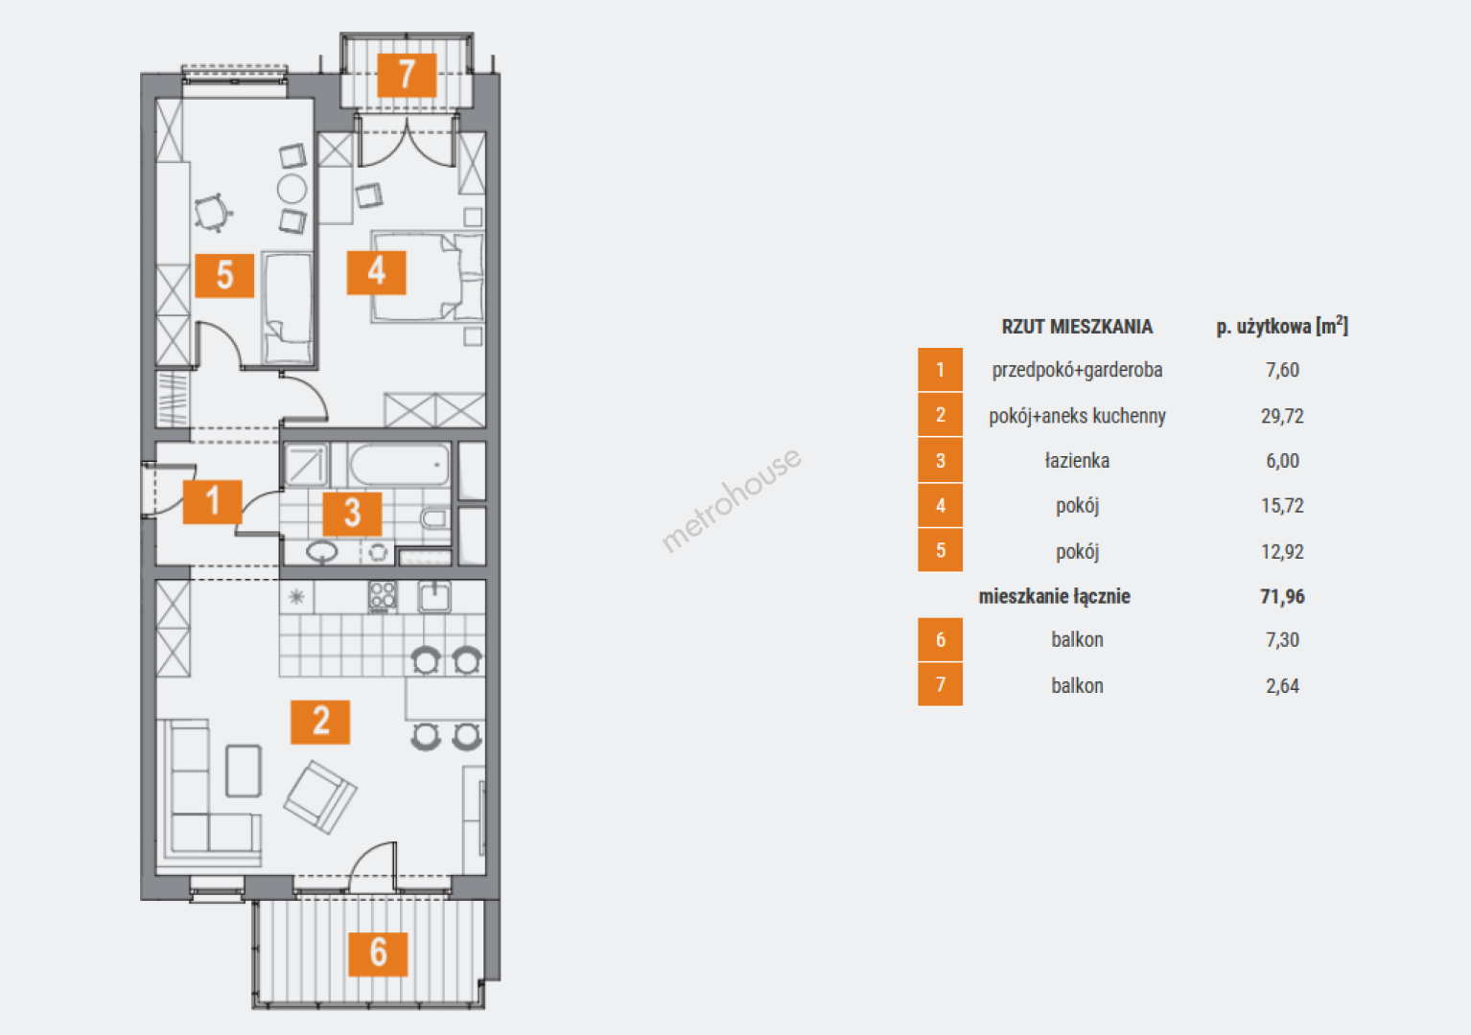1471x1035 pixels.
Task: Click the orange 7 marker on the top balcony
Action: (x=407, y=75)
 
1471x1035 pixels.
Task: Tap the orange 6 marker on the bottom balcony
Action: (x=378, y=954)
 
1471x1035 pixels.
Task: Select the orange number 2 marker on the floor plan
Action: (x=320, y=722)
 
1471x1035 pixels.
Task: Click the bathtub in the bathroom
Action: (x=399, y=464)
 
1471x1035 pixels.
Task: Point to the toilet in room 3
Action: (x=434, y=519)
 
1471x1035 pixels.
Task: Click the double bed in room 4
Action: (x=428, y=276)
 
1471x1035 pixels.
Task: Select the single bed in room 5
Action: (x=288, y=309)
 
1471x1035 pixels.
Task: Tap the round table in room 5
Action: (x=292, y=189)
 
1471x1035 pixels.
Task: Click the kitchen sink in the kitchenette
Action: (x=434, y=597)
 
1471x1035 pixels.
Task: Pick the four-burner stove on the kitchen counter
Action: (x=383, y=597)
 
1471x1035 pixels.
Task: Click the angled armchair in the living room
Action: (x=320, y=796)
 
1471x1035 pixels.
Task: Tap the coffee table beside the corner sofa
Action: (x=244, y=770)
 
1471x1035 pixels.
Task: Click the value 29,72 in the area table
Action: (x=1282, y=416)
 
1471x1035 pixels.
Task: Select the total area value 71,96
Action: (x=1282, y=597)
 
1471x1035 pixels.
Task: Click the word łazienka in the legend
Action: (x=1077, y=461)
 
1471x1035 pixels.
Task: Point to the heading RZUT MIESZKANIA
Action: (x=1077, y=327)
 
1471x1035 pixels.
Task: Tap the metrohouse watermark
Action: (x=731, y=500)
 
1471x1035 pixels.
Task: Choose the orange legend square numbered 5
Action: (x=941, y=551)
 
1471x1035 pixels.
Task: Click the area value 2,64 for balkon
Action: (x=1282, y=686)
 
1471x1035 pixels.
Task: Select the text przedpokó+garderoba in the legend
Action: (x=1077, y=371)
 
